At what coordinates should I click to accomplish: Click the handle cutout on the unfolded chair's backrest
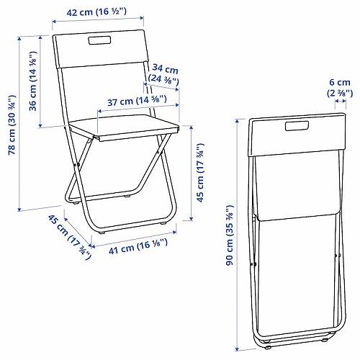pos(96,42)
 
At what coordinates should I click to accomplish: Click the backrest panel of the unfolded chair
pos(97,50)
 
